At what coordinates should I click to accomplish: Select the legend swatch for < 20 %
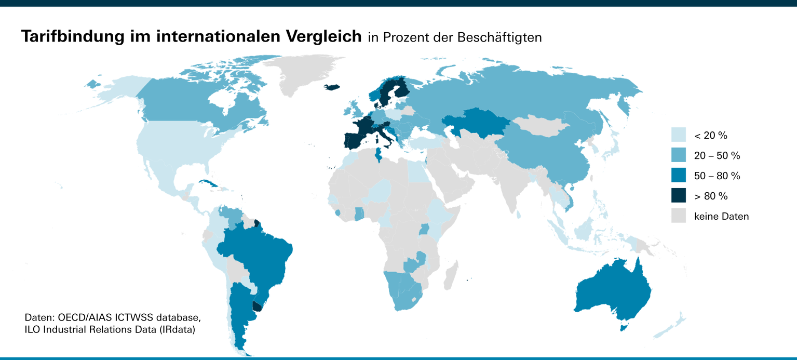(678, 135)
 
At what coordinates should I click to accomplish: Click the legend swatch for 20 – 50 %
(678, 155)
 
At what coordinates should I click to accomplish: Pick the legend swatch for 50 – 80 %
(678, 176)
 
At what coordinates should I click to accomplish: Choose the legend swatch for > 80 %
(678, 196)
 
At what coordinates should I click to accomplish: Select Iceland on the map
(332, 87)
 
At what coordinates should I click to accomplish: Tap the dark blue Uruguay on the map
(256, 306)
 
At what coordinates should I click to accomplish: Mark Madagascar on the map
(450, 275)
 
